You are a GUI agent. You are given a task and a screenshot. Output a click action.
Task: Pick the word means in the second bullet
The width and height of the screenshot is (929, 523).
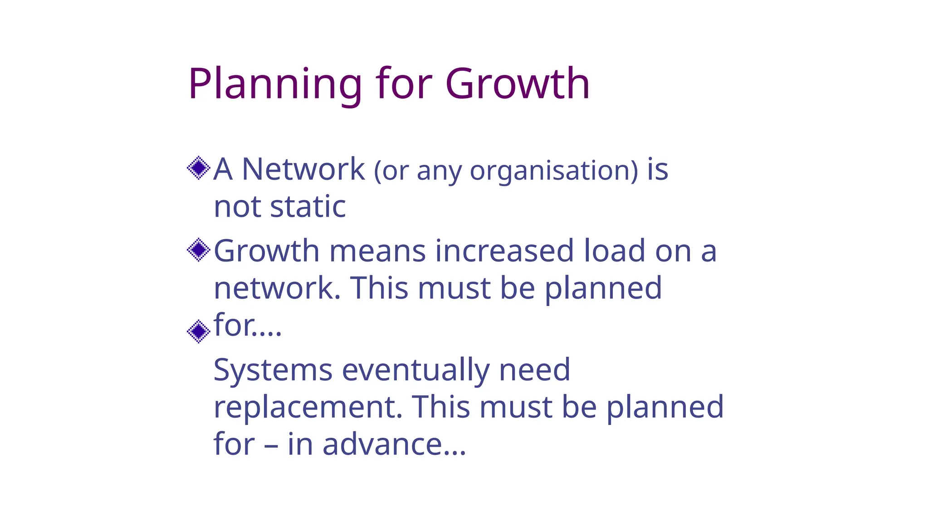(377, 251)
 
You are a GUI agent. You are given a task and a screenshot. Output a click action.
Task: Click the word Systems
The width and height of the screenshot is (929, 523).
(273, 370)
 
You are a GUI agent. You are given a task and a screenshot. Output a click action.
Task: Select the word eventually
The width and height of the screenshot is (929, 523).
(416, 370)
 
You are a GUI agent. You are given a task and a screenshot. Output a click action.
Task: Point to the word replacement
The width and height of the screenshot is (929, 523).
(308, 407)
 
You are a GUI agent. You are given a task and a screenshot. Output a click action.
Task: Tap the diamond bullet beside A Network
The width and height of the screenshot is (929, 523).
(199, 168)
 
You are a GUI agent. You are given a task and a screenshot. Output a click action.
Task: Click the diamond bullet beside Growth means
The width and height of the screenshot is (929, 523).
(199, 250)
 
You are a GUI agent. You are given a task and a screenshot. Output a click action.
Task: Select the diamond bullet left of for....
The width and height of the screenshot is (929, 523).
(199, 331)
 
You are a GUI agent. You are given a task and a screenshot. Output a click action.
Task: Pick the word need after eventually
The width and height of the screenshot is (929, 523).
(534, 370)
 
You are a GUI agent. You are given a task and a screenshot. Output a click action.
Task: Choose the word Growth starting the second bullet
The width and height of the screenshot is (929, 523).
(266, 251)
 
